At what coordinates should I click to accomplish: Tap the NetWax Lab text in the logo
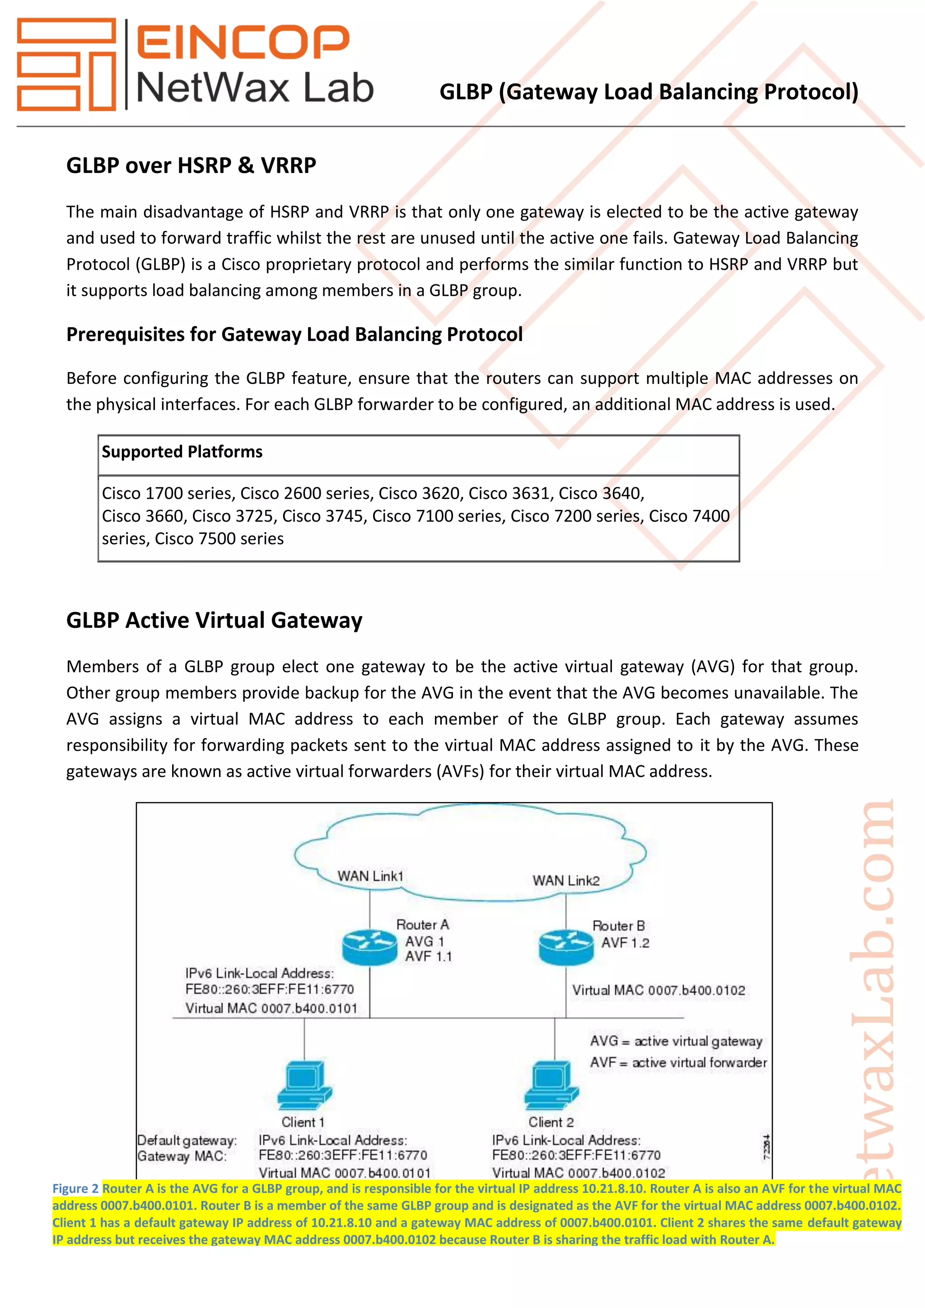pos(255,89)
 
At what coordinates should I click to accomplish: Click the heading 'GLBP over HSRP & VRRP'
pos(192,165)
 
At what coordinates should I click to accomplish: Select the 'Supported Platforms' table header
pos(182,452)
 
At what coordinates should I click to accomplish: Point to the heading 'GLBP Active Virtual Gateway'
pos(214,620)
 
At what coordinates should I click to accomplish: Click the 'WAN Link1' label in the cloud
pos(370,876)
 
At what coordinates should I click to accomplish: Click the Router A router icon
pos(369,948)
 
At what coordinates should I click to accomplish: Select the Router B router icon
pos(565,948)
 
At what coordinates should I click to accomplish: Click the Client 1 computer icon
pos(305,1086)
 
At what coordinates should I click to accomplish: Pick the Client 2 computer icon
pos(551,1086)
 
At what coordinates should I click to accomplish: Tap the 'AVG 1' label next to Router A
pos(425,942)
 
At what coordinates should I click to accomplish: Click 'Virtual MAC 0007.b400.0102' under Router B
pos(659,990)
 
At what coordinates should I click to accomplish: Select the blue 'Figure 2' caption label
pos(75,1189)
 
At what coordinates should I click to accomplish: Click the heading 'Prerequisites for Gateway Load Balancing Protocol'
pos(294,334)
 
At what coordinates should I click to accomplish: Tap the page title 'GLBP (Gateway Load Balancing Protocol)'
pos(649,92)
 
